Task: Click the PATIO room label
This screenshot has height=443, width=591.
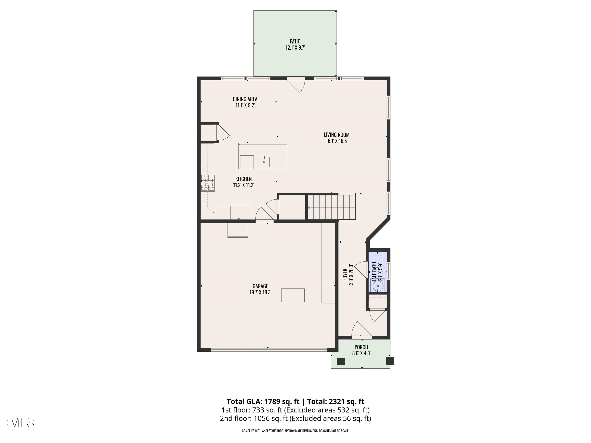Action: [x=295, y=41]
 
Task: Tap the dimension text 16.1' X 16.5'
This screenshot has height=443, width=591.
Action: [x=336, y=141]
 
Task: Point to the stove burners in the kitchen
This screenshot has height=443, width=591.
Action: [x=208, y=183]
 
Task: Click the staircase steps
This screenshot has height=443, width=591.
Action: [x=331, y=207]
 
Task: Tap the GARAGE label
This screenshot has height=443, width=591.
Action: [x=260, y=286]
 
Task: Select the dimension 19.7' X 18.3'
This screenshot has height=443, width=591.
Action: [x=260, y=292]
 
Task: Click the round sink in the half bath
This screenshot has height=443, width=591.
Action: [x=378, y=286]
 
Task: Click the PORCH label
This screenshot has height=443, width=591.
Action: [x=361, y=347]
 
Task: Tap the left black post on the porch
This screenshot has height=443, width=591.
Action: [x=341, y=361]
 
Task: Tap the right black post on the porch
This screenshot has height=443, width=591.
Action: [x=390, y=361]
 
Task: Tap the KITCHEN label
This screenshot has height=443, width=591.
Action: [x=243, y=179]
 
